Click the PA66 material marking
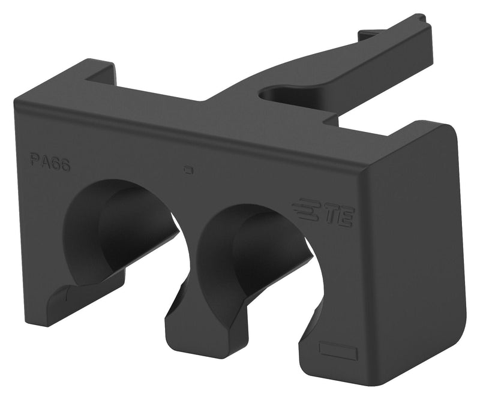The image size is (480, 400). tap(50, 163)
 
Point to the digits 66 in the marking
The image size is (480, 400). tap(61, 164)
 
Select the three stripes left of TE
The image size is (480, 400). tap(305, 209)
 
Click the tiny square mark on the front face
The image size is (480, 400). tap(188, 170)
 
